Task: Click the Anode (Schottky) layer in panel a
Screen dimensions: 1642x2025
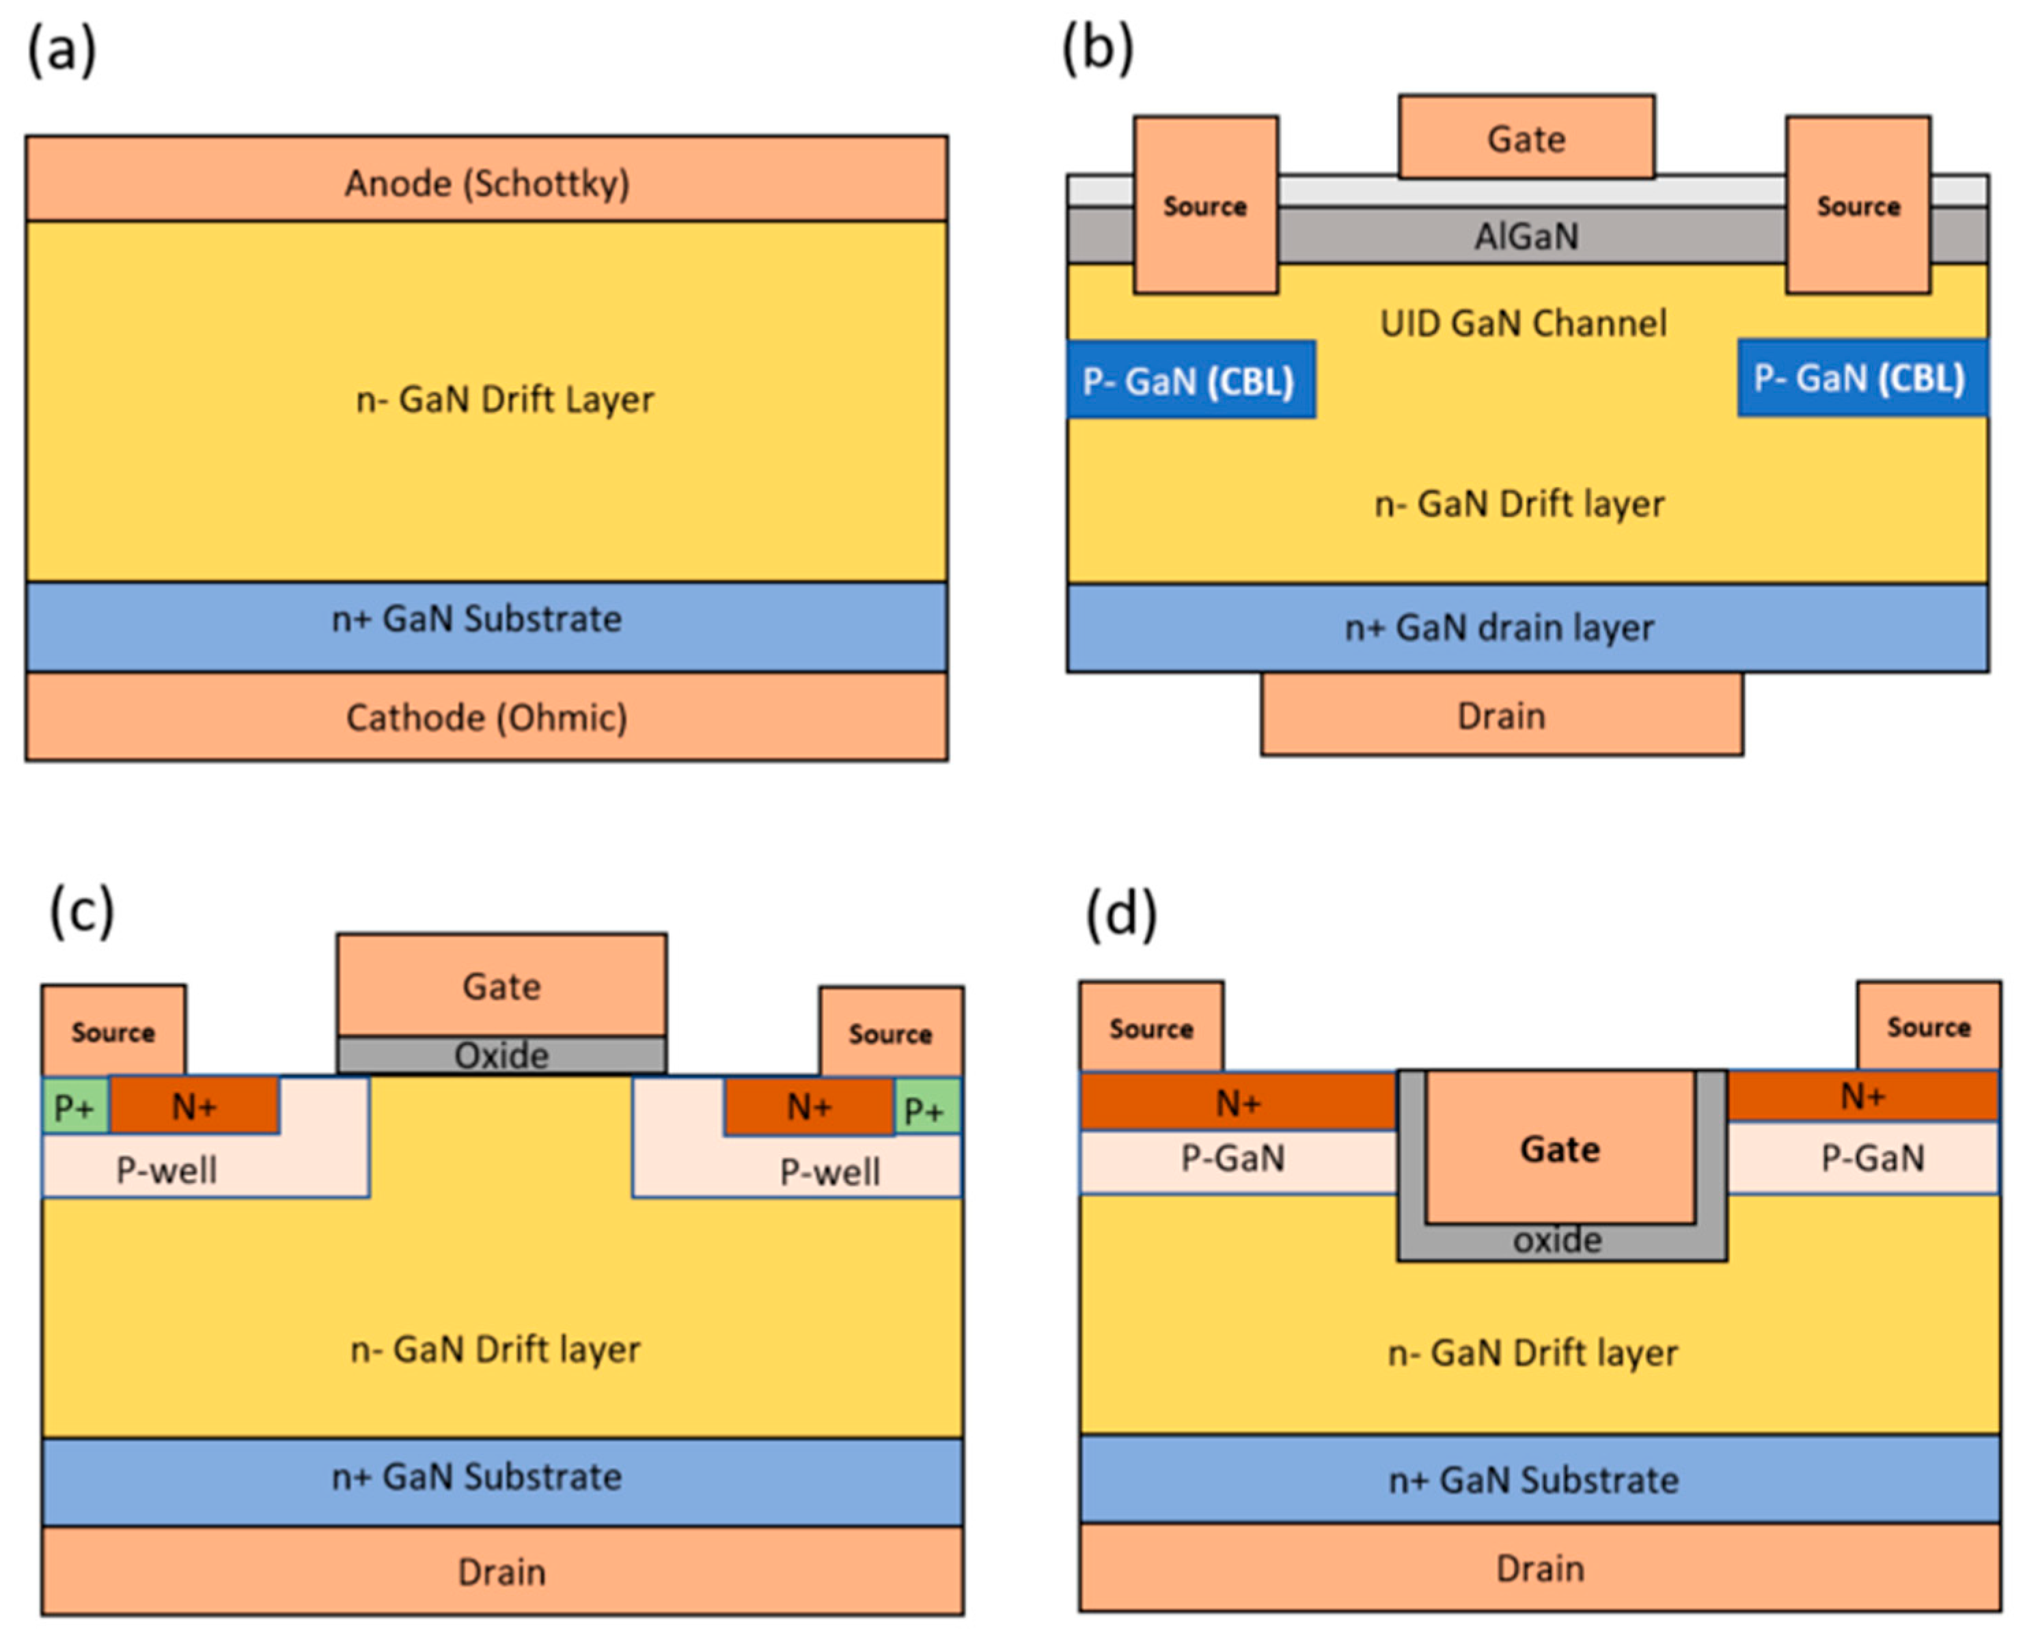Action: pos(486,180)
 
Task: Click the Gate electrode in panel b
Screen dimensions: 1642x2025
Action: pos(1526,138)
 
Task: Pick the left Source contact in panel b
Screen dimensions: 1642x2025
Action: pos(1205,205)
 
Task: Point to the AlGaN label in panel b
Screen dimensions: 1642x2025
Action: pos(1526,236)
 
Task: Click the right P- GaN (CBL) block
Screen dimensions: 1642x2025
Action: pos(1860,378)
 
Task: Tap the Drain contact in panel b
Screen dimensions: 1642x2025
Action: pos(1501,715)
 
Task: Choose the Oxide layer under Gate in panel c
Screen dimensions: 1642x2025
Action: pos(501,1055)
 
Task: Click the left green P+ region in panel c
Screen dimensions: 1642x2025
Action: pos(74,1106)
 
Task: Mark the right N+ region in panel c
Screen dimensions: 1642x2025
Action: pos(809,1106)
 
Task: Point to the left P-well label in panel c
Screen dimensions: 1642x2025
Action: pos(167,1170)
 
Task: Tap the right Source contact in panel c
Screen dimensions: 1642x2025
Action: pos(890,1032)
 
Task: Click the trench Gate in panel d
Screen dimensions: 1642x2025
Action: pos(1560,1148)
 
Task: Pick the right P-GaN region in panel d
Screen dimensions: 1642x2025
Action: pos(1872,1158)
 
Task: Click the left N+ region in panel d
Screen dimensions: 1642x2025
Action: pos(1237,1102)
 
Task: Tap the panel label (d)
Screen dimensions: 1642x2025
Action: pos(1121,914)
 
